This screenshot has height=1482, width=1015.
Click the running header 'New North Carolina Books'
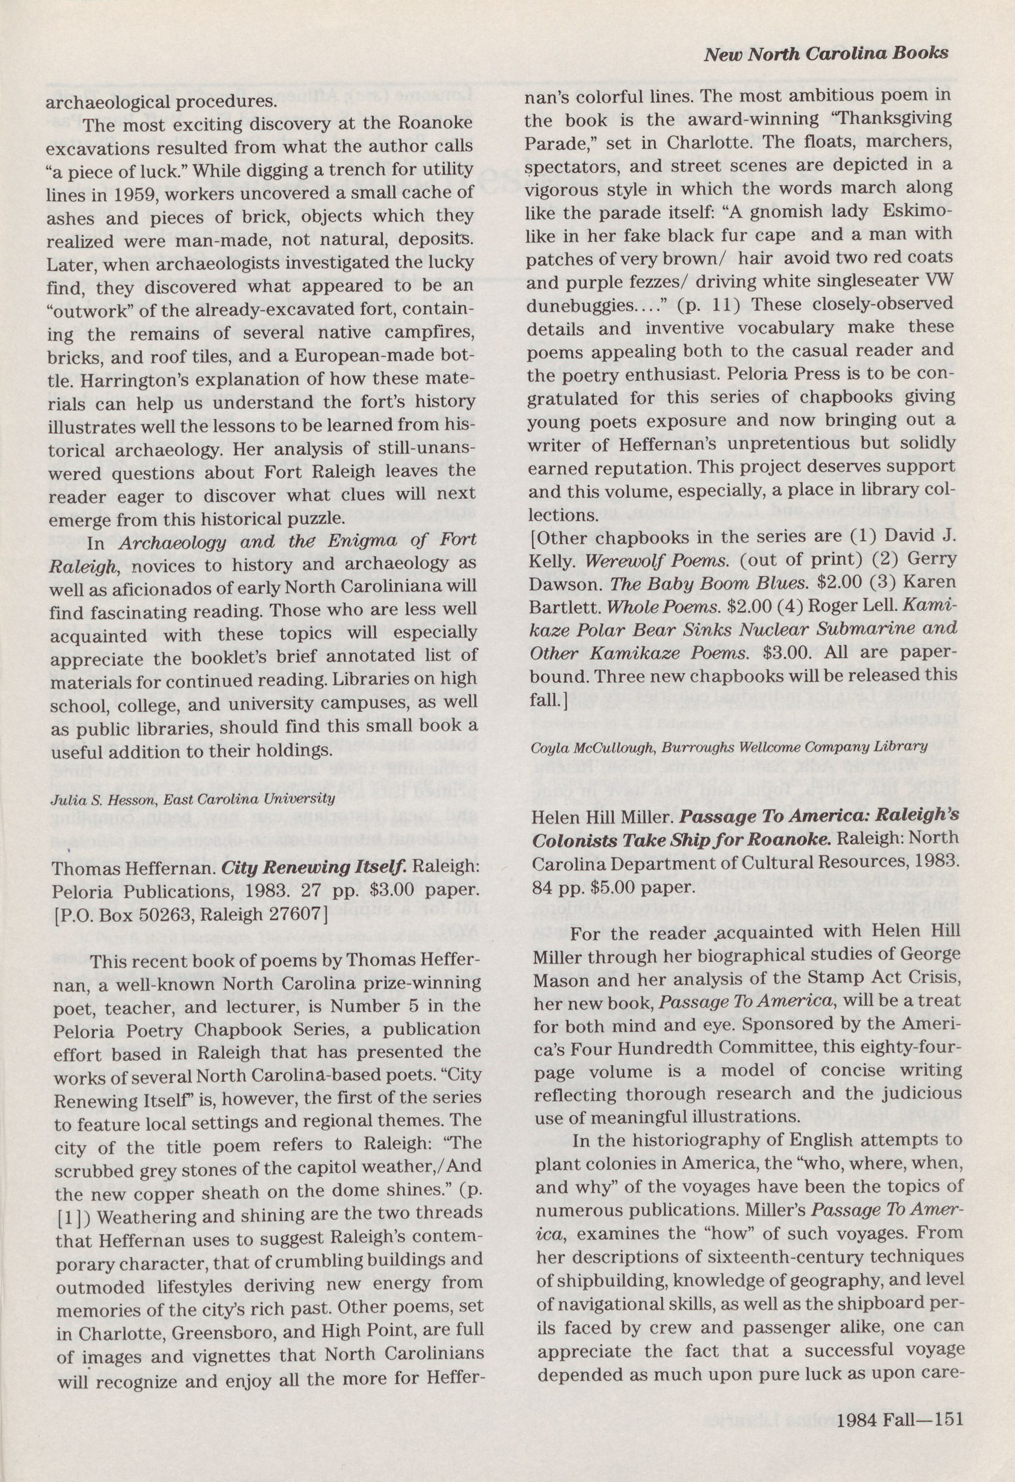826,54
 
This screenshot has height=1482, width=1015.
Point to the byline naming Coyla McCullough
728,746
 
